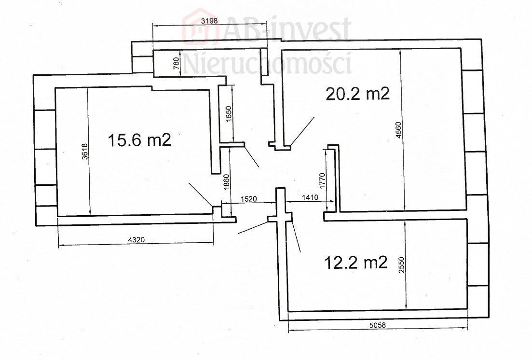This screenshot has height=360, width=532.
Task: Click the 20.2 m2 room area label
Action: [357, 94]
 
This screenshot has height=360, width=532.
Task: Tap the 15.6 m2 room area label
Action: [139, 139]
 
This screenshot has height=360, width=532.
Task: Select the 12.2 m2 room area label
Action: [356, 262]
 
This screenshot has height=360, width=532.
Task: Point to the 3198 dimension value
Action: [209, 21]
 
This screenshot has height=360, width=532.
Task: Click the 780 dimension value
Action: [176, 64]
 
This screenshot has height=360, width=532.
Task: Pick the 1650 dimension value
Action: [228, 114]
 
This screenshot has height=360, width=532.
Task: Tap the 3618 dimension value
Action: [85, 151]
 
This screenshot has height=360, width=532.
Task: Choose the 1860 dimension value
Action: [227, 182]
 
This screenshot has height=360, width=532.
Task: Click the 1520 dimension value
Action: [249, 199]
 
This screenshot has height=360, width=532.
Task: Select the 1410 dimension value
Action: [310, 197]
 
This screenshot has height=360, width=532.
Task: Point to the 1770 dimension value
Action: [322, 180]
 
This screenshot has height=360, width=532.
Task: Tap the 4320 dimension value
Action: [136, 240]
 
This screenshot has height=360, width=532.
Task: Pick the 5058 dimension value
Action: [378, 325]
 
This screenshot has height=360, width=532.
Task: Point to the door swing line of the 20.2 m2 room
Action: [302, 132]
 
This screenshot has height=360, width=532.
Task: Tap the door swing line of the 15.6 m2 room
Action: [201, 194]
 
